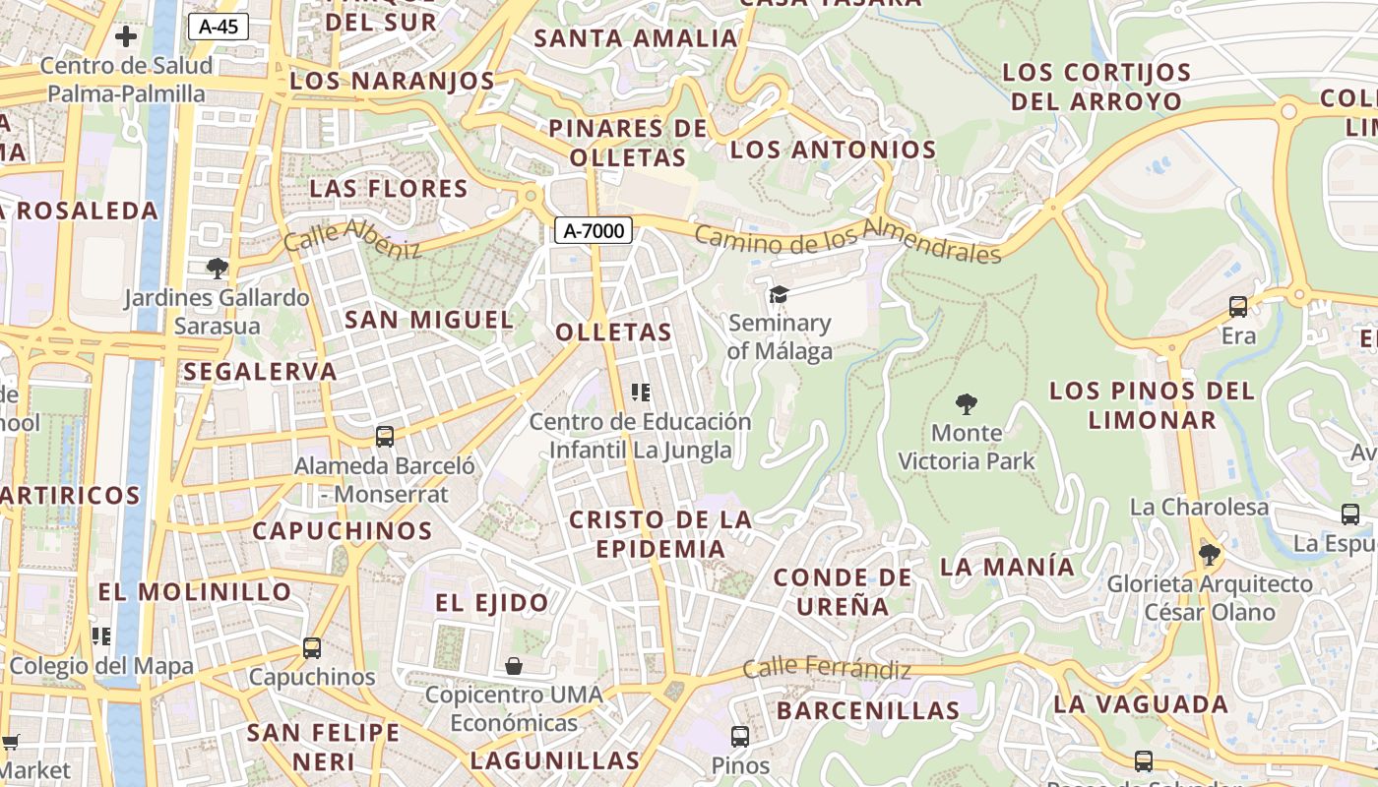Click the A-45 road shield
tap(218, 27)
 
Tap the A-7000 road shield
tap(593, 231)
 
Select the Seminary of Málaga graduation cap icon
tap(779, 294)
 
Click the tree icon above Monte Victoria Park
tap(967, 403)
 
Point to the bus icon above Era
tap(1238, 307)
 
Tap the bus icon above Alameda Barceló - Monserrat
tap(385, 436)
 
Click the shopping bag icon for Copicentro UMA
tap(514, 666)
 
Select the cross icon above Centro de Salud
tap(126, 37)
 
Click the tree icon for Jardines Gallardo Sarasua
tap(218, 268)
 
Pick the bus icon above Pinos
tap(739, 736)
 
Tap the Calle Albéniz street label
tap(351, 239)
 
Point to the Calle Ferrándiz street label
tap(826, 669)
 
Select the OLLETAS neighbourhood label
tap(613, 333)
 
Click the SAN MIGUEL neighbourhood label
tap(429, 320)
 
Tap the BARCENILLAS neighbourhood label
tap(868, 710)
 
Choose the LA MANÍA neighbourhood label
tap(1007, 567)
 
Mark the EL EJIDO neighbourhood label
tap(492, 603)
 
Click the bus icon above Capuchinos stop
tap(312, 647)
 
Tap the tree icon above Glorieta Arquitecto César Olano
tap(1209, 555)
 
